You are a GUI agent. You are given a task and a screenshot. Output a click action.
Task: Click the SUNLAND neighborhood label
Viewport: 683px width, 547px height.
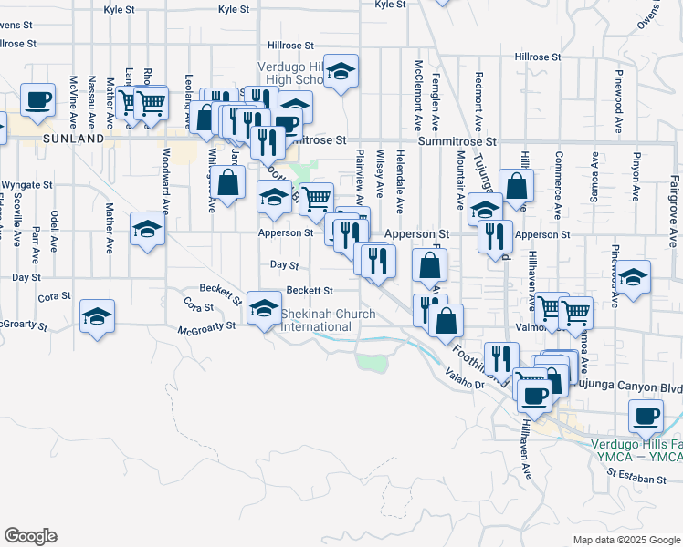pyautogui.click(x=73, y=139)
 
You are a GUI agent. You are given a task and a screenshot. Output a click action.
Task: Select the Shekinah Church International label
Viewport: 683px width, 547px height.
pyautogui.click(x=329, y=319)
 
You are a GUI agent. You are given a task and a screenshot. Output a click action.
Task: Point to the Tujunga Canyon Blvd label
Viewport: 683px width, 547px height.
pyautogui.click(x=629, y=387)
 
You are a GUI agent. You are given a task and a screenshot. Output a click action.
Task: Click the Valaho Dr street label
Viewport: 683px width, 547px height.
pyautogui.click(x=465, y=373)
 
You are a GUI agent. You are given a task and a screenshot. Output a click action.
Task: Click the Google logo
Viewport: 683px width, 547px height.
pyautogui.click(x=30, y=536)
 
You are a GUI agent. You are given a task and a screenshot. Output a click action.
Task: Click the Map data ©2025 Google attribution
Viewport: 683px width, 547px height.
pyautogui.click(x=626, y=540)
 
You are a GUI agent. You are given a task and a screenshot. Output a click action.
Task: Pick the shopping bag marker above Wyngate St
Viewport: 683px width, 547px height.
pyautogui.click(x=229, y=181)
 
